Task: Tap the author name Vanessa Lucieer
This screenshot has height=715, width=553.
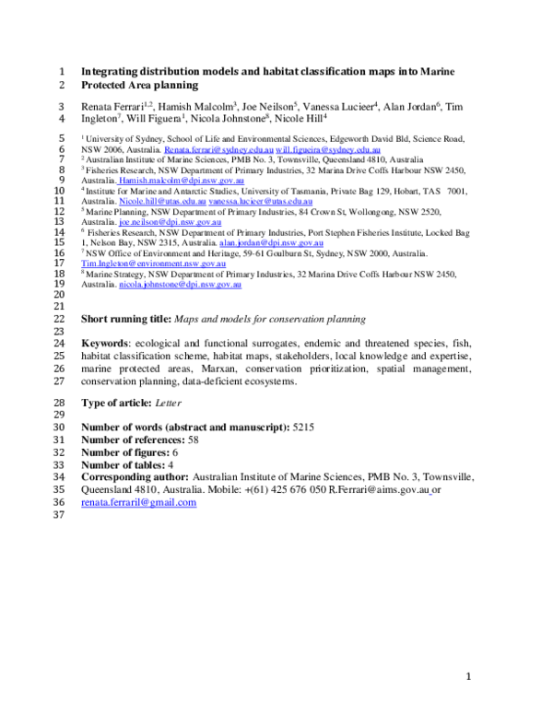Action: point(337,107)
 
